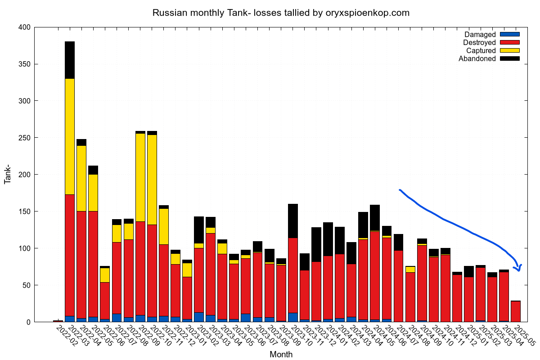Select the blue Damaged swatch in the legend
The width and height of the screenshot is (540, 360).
[509, 34]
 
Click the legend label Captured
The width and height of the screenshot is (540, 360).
[481, 50]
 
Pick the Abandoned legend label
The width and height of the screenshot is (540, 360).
[477, 58]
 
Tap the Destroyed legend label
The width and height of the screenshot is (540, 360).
[479, 42]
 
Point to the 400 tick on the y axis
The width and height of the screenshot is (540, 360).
[24, 27]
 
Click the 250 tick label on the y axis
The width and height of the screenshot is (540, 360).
[24, 138]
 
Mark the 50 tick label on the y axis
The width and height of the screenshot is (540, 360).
[26, 285]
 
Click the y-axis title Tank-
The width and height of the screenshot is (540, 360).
[8, 175]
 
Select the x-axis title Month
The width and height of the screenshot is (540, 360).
[281, 355]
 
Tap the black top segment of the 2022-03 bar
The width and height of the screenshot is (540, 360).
[70, 60]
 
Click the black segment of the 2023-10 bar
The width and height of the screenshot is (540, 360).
[293, 220]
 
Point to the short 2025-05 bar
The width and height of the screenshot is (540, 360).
[515, 311]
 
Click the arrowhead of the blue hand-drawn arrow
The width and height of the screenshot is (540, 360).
[519, 268]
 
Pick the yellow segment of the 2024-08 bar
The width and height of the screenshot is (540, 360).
[410, 269]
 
